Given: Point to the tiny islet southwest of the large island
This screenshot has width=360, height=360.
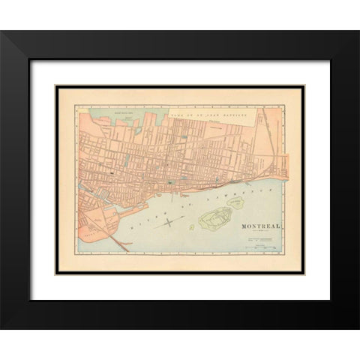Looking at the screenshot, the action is point(191,228).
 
